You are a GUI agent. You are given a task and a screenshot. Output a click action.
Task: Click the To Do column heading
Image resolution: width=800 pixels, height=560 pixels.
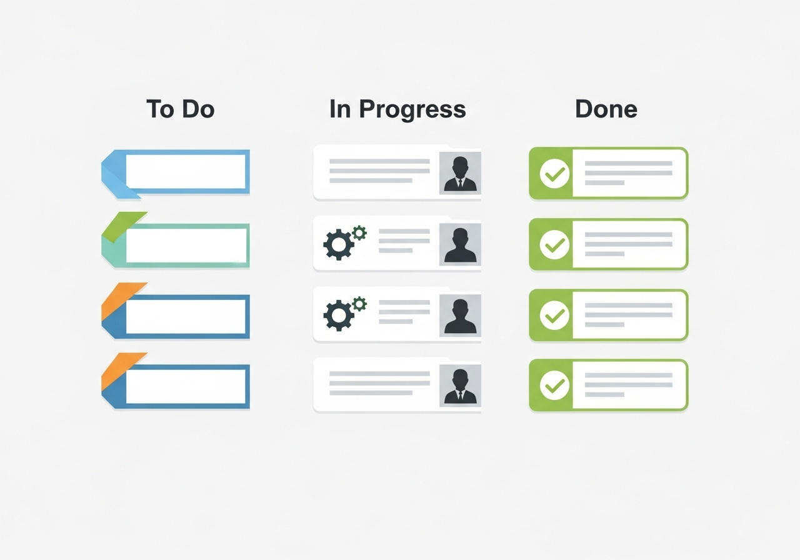tap(180, 109)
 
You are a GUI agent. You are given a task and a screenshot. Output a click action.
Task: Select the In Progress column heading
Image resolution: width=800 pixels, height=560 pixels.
tap(397, 109)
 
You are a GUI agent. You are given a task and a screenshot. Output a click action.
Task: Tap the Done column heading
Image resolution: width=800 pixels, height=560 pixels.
tap(606, 109)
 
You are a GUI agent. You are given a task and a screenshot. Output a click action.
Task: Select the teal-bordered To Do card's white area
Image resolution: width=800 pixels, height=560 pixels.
tap(186, 245)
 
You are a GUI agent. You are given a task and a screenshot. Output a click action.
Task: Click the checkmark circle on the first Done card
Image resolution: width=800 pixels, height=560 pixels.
tap(554, 174)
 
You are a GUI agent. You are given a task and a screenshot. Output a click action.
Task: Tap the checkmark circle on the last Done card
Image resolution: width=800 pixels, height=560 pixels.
tap(554, 386)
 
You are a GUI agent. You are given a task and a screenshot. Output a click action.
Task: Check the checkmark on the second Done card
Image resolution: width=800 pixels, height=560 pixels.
tap(554, 244)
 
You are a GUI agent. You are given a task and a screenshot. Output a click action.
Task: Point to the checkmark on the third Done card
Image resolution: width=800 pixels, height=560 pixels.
tap(554, 315)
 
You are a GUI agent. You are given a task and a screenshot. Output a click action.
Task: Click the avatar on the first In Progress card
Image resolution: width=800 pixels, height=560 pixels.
tap(460, 173)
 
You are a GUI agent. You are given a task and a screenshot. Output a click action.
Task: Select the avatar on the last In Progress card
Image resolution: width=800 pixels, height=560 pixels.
tap(460, 386)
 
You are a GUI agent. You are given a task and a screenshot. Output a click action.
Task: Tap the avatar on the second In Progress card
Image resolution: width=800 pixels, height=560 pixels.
tap(460, 244)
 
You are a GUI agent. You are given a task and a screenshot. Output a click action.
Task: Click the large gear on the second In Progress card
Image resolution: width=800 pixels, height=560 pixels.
tap(338, 245)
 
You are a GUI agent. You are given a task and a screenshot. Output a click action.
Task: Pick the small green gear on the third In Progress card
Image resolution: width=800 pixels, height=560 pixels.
tap(359, 304)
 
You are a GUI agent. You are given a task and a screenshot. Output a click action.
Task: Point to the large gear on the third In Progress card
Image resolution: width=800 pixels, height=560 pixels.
tap(338, 316)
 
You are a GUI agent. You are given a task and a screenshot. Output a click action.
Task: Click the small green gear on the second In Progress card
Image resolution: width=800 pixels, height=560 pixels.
tap(359, 233)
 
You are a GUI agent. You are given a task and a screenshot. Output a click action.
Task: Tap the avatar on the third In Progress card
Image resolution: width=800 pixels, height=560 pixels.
tap(460, 315)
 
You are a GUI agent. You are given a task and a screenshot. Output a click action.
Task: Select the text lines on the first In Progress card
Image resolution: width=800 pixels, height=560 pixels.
tap(379, 171)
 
